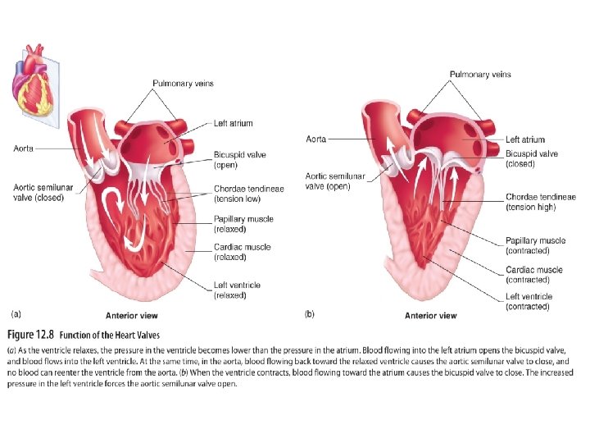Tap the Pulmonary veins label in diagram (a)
coord(185,84)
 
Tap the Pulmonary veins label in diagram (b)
coord(480,75)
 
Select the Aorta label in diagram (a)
coord(24,148)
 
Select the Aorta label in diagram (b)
coord(315,139)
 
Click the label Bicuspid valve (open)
coord(239,160)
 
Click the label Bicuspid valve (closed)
coord(532,159)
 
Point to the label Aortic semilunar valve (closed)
coord(43,193)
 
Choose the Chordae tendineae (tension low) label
coord(249,194)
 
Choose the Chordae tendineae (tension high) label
coord(540,202)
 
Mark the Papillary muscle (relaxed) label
coord(243,224)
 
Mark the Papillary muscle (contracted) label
coord(535,245)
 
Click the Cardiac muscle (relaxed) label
coord(243,252)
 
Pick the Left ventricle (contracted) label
coord(529,302)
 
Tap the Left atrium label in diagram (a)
coord(234,124)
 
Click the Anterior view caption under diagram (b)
coord(431,316)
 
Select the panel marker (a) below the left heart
coord(16,313)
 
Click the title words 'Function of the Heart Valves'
coord(116,335)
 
